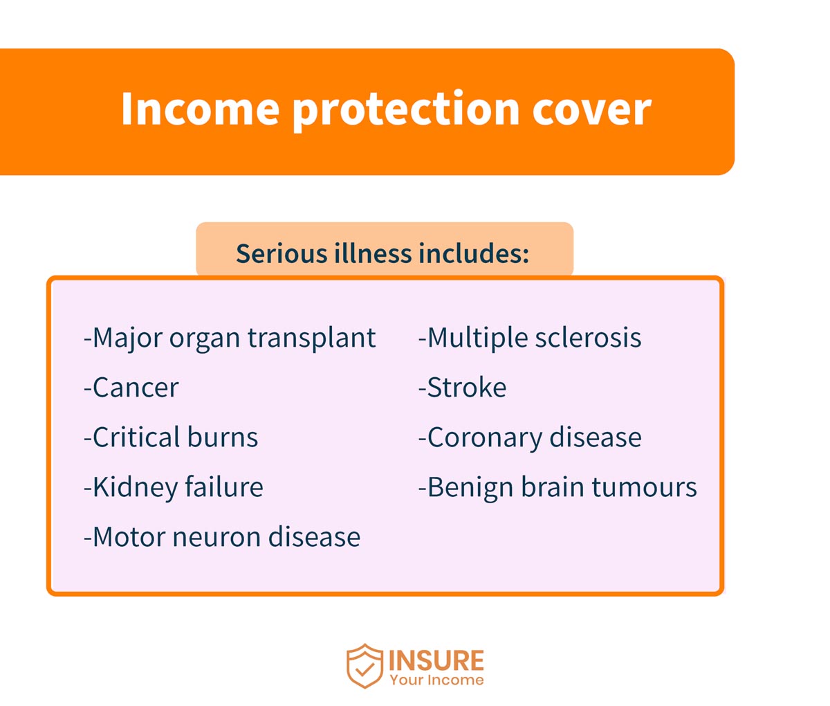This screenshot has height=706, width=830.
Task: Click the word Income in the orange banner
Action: click(x=200, y=109)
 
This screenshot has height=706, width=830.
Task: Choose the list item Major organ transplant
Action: click(x=230, y=338)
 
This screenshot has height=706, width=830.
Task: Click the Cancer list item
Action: click(x=131, y=388)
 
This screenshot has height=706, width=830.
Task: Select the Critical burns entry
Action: click(x=171, y=437)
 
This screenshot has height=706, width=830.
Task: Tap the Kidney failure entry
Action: click(x=174, y=487)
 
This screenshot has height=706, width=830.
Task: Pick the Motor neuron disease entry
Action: click(x=222, y=537)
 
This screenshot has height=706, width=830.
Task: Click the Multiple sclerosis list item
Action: click(x=530, y=338)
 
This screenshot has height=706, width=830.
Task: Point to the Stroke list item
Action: click(x=462, y=388)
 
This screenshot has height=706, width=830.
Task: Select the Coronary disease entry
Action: click(x=530, y=437)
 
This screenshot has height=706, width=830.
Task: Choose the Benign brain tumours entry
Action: click(x=557, y=487)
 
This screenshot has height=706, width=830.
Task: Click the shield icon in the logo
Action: click(x=365, y=666)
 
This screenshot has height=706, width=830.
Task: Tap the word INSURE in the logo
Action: click(x=436, y=660)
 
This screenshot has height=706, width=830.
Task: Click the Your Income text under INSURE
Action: click(x=436, y=680)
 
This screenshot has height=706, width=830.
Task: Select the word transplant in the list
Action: click(x=312, y=338)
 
